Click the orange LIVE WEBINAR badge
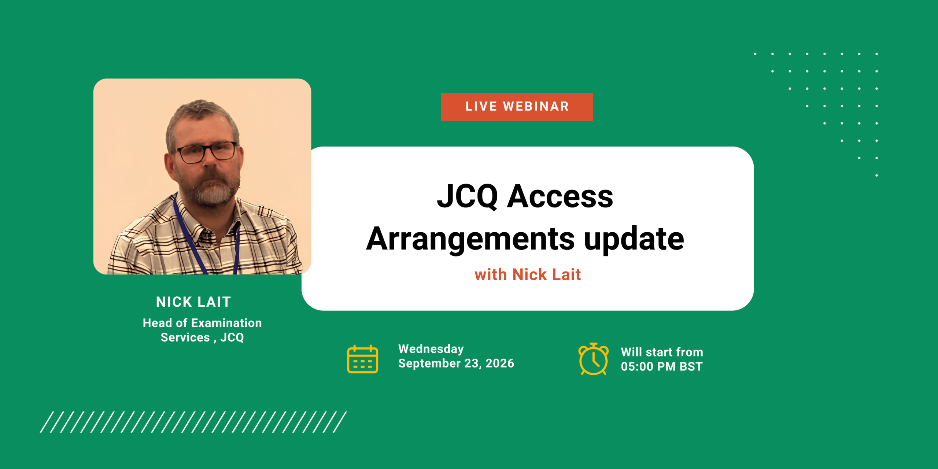[x=517, y=107]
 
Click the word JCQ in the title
[x=468, y=196]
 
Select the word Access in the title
[x=560, y=196]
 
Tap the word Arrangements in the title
[x=470, y=239]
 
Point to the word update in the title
[x=634, y=239]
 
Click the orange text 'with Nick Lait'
[x=528, y=274]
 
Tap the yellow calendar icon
[x=362, y=359]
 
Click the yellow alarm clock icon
[x=593, y=359]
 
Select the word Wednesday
[x=431, y=349]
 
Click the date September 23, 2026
[x=456, y=363]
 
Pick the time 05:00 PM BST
[x=662, y=366]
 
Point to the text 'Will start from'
[x=662, y=352]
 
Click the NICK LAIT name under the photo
[x=193, y=302]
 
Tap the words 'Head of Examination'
[x=202, y=323]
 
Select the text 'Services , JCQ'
[x=202, y=337]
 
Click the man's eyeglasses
[x=206, y=152]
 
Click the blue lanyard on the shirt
[x=191, y=238]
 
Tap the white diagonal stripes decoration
[x=193, y=422]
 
